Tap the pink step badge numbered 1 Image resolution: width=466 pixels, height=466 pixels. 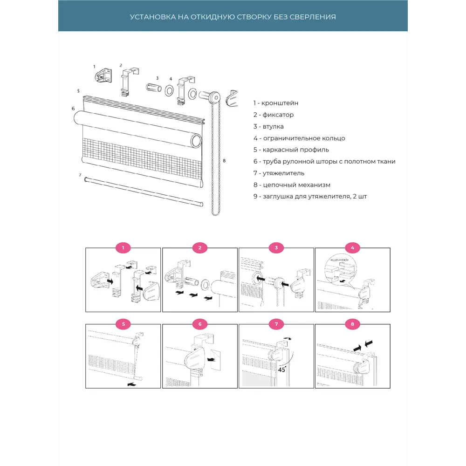point(123,247)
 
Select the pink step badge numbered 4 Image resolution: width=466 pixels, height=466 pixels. point(352,247)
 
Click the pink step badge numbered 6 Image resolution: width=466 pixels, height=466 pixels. point(200,324)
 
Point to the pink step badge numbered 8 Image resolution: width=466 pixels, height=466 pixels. point(352,324)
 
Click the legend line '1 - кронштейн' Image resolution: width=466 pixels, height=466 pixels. point(276,103)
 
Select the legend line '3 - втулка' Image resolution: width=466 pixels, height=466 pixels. point(268,127)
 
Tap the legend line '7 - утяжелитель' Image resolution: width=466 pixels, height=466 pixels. point(279,173)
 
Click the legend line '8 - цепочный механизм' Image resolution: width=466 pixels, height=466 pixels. point(292,185)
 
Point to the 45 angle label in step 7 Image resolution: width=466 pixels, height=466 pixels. point(282,370)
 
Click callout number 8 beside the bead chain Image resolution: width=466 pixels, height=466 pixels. point(224,161)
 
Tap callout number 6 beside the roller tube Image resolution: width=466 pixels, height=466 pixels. point(73,109)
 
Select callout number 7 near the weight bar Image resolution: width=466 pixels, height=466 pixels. point(80,175)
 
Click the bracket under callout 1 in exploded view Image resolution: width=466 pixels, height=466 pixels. point(103,76)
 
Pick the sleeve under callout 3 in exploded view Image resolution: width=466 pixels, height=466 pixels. point(154,88)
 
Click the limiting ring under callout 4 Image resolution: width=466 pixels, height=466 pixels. point(170,91)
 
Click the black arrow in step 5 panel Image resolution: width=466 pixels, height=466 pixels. point(131,384)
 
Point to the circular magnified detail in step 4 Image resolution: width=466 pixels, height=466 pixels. point(341,270)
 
